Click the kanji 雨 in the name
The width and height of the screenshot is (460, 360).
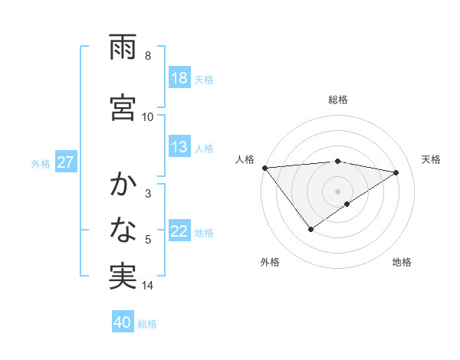pyautogui.click(x=123, y=50)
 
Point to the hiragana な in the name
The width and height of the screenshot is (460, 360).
pyautogui.click(x=123, y=229)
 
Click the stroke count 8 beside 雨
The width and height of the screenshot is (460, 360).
pyautogui.click(x=148, y=56)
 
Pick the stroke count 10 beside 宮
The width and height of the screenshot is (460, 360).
pyautogui.click(x=148, y=116)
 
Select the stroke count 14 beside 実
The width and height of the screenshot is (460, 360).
pyautogui.click(x=148, y=286)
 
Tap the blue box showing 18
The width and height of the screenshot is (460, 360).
pyautogui.click(x=179, y=78)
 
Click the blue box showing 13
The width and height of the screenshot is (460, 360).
pyautogui.click(x=179, y=147)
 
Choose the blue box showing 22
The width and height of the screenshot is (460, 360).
pyautogui.click(x=179, y=231)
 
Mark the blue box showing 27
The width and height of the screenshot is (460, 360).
pyautogui.click(x=65, y=162)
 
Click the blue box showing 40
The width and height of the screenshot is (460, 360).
pyautogui.click(x=123, y=322)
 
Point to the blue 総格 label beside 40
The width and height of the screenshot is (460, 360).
pyautogui.click(x=147, y=323)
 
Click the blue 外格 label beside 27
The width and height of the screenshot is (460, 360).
pyautogui.click(x=41, y=163)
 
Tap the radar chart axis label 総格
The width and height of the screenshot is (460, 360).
pyautogui.click(x=337, y=100)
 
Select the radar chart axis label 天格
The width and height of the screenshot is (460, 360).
pyautogui.click(x=432, y=159)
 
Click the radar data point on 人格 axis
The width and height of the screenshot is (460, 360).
pyautogui.click(x=264, y=168)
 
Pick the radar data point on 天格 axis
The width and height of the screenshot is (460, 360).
pyautogui.click(x=396, y=172)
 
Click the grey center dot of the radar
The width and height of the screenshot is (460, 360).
pyautogui.click(x=337, y=191)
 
